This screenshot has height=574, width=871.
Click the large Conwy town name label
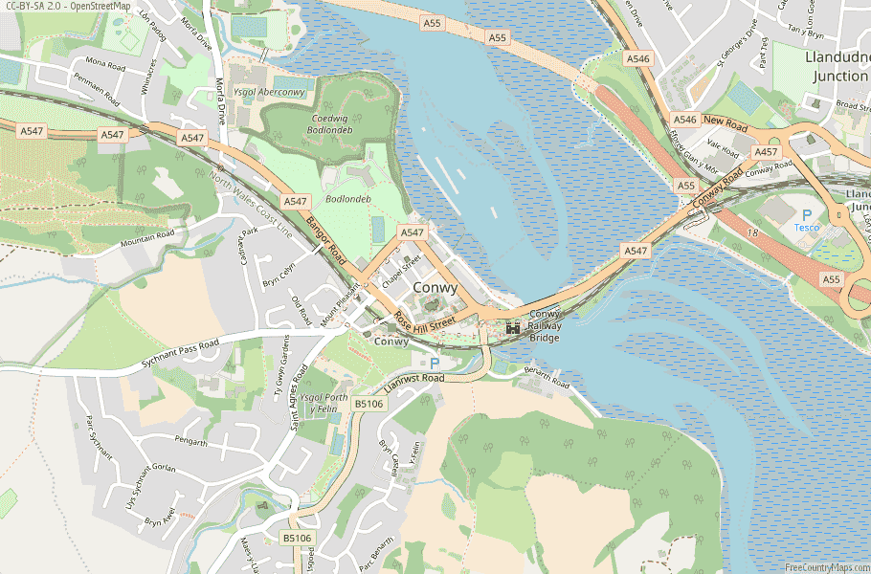pyautogui.click(x=435, y=288)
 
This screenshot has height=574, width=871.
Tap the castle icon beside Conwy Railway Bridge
pyautogui.click(x=513, y=327)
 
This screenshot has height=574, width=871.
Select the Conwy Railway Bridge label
pyautogui.click(x=545, y=325)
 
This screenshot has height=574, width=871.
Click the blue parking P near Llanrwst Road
pyautogui.click(x=435, y=364)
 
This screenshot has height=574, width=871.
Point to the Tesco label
pyautogui.click(x=806, y=228)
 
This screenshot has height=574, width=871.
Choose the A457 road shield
pyautogui.click(x=766, y=152)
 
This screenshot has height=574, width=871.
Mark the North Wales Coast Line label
pyautogui.click(x=251, y=205)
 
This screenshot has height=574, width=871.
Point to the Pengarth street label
pyautogui.click(x=191, y=442)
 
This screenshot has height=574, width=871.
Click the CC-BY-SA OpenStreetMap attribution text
pyautogui.click(x=67, y=7)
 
